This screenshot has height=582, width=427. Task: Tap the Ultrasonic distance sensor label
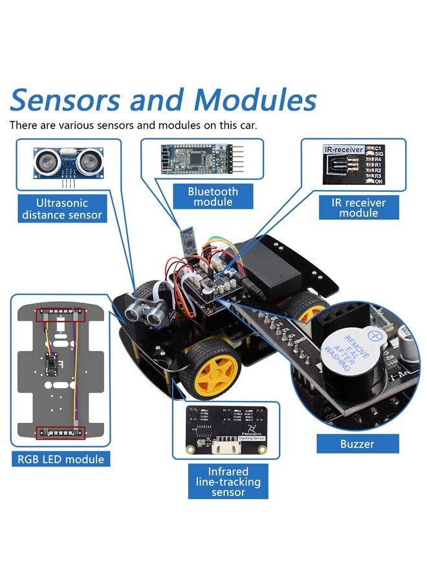pyautogui.click(x=62, y=209)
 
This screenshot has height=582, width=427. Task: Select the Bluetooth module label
pyautogui.click(x=213, y=197)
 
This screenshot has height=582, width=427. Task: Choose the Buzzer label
pyautogui.click(x=357, y=444)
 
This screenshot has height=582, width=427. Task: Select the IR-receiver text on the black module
pyautogui.click(x=343, y=149)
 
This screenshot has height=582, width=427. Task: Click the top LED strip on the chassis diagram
pyautogui.click(x=62, y=316)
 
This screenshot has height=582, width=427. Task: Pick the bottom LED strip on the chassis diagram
pyautogui.click(x=62, y=432)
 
